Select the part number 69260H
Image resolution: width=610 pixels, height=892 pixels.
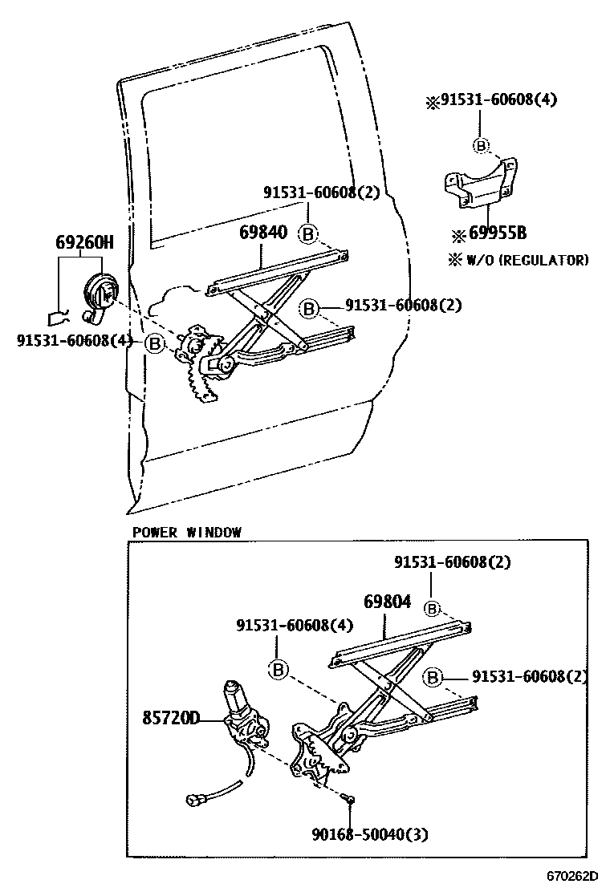coord(83,242)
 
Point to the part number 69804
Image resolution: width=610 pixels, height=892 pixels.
coord(387,602)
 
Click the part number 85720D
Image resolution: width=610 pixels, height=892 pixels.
coord(172,717)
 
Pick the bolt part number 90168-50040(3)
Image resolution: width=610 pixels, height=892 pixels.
coord(370,835)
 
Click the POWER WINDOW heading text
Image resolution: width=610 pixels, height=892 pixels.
coord(186,532)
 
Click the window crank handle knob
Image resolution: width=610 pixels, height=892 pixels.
coord(100,290)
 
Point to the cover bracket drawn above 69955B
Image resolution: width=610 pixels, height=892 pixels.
coord(478,183)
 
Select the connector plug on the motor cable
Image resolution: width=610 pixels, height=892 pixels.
coord(197,799)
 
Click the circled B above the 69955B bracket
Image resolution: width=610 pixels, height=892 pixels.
coord(480,145)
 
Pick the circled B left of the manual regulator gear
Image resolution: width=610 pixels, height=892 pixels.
coord(155,343)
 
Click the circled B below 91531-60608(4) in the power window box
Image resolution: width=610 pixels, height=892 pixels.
coord(278,669)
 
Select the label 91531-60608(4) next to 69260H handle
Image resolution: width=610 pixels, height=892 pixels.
coord(74,340)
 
